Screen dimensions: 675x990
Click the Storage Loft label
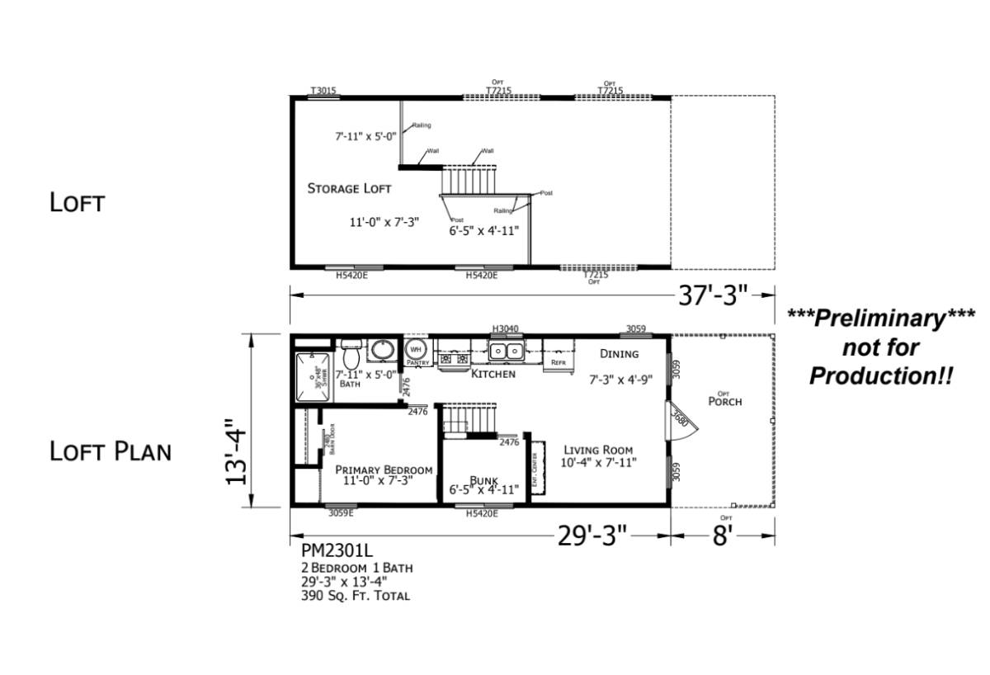pos(349,188)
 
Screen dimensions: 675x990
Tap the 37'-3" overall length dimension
pos(714,295)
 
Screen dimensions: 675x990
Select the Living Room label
pos(598,450)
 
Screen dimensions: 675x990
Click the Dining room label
pos(619,354)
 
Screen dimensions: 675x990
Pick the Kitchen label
pos(493,374)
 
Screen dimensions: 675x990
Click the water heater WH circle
pos(415,350)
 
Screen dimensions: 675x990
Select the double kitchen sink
pos(506,352)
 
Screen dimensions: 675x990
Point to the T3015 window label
pos(323,91)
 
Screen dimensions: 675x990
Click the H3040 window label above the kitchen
pos(505,328)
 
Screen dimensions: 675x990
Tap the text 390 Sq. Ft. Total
pos(355,595)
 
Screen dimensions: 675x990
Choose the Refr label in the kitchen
pos(559,362)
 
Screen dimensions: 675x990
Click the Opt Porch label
pos(724,400)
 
